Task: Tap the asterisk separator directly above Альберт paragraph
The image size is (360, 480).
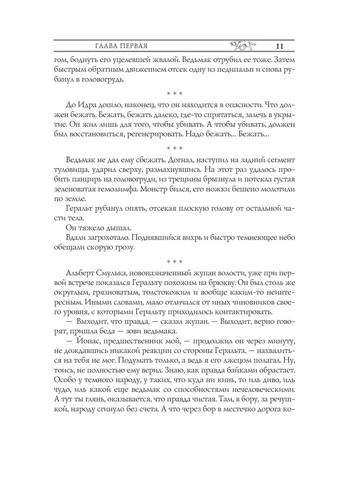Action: [x=174, y=262]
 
